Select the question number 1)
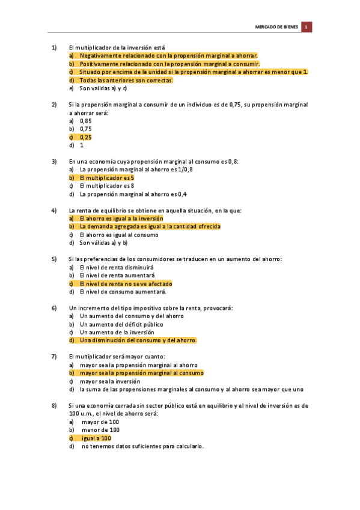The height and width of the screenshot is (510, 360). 54,47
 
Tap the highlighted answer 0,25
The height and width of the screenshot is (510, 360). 85,137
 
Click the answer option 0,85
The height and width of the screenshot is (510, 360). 85,121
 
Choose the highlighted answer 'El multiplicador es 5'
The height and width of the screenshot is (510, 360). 107,178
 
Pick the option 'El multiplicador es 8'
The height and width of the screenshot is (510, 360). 107,186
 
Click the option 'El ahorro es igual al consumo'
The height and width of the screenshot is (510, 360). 119,235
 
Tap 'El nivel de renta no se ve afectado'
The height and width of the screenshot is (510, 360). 126,284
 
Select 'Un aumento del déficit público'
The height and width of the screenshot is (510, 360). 121,324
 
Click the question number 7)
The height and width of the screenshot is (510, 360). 54,356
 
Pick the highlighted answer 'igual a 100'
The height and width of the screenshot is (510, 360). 96,438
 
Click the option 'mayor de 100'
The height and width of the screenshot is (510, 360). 100,422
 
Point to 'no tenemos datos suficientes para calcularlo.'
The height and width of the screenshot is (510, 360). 143,446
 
